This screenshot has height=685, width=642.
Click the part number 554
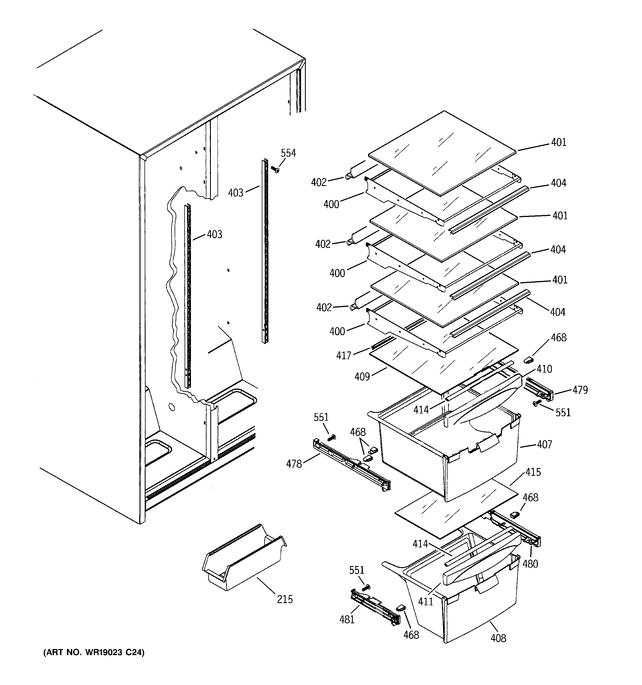coord(288,153)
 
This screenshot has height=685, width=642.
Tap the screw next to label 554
coord(275,169)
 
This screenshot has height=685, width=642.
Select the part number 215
coord(285,599)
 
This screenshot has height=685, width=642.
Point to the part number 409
coord(362,377)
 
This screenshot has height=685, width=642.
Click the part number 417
coord(344,355)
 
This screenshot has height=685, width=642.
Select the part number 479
coord(580,390)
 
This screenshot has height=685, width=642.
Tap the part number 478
coord(294,464)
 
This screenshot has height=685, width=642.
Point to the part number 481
coord(347,619)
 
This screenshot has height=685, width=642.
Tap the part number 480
coord(530,564)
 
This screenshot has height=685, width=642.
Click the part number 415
coord(533,472)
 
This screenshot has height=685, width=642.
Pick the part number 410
coord(544,369)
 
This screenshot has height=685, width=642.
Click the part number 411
coord(425,602)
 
